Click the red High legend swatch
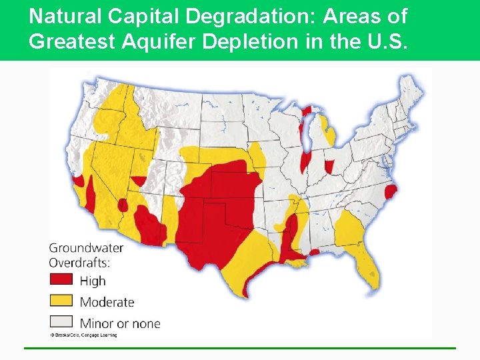coord(61,279)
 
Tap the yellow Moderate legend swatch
coord(61,301)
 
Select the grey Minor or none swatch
coord(61,322)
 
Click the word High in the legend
coord(93,281)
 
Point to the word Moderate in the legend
coord(107,302)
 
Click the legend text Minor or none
coord(120,323)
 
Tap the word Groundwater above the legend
coord(86,248)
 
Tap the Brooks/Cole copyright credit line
coord(83,335)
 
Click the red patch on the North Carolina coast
coord(391,193)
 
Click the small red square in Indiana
coord(329,166)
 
